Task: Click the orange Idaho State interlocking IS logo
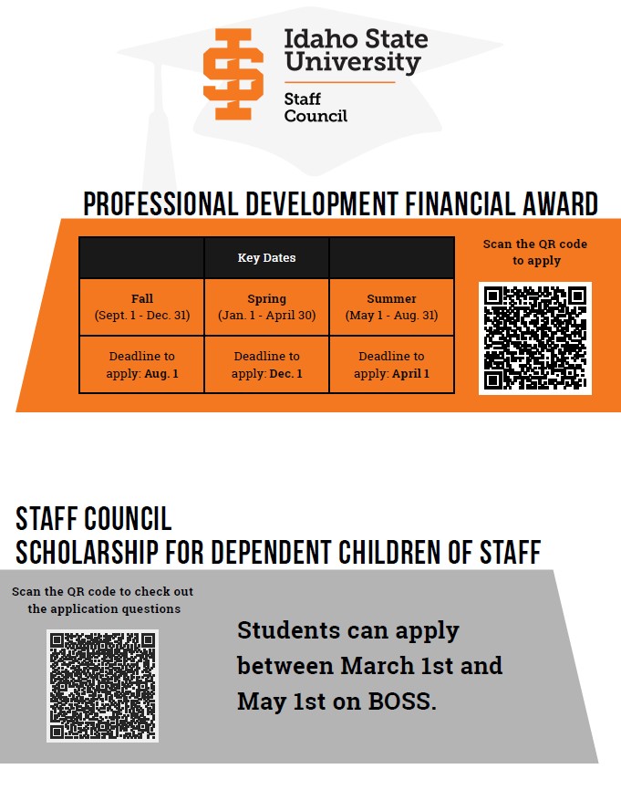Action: tap(233, 74)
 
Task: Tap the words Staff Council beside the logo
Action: tap(316, 108)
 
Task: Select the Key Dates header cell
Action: tap(266, 258)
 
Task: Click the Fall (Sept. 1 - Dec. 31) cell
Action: tap(141, 306)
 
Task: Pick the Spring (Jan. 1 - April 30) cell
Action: tap(266, 306)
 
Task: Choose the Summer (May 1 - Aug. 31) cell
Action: tap(391, 306)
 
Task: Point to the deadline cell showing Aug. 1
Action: tap(141, 365)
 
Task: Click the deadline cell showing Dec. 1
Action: tap(266, 365)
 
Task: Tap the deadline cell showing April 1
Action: tap(391, 365)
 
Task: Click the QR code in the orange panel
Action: tap(535, 338)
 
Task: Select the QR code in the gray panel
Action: tap(102, 685)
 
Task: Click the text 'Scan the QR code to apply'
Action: tap(535, 252)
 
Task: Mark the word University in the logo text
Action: tap(352, 62)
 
